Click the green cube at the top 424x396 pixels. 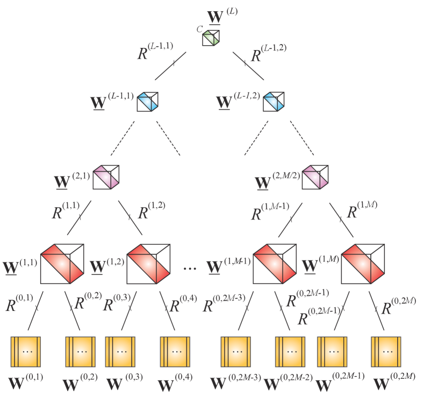pos(211,38)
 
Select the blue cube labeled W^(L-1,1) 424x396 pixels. pos(148,101)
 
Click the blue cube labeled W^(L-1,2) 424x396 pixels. pos(274,101)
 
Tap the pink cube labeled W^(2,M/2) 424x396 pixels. pos(315,177)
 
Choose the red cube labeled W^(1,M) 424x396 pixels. pos(363,264)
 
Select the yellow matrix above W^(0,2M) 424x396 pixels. pos(387,352)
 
